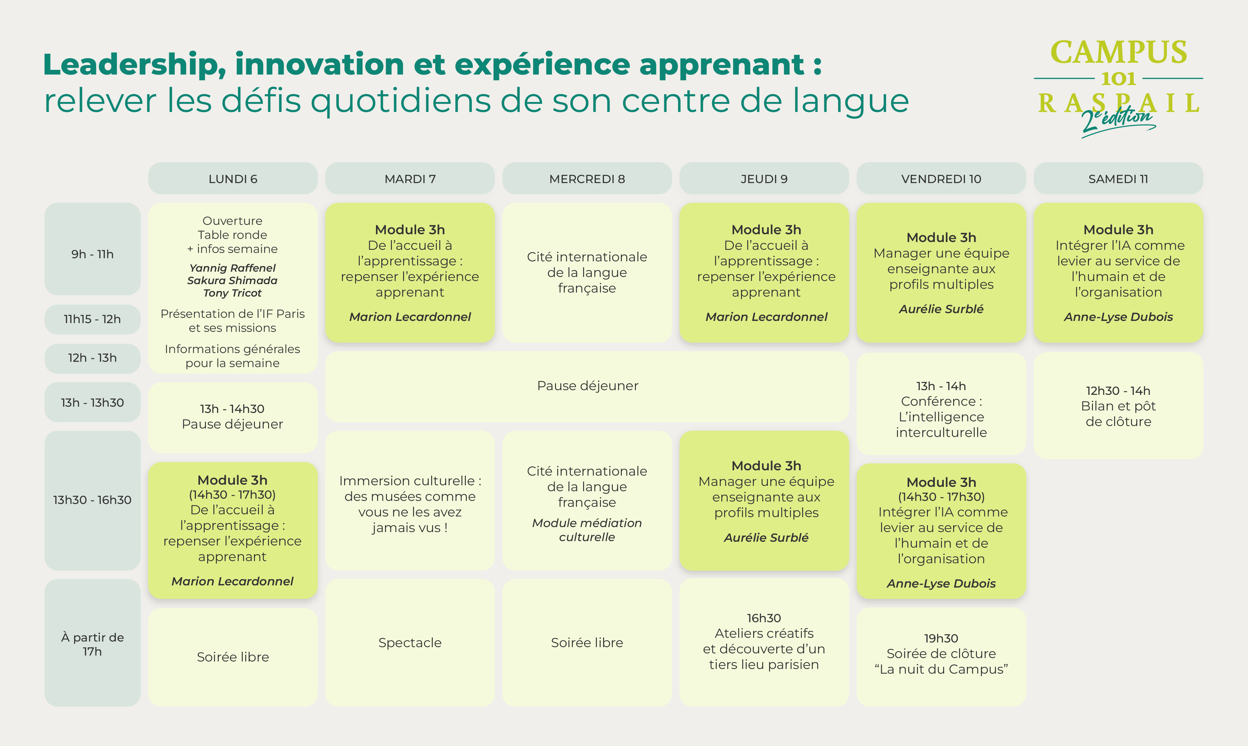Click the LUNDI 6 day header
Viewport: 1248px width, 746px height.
coord(233,178)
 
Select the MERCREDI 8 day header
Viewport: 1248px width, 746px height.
coord(587,178)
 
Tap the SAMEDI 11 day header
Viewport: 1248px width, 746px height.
coord(1118,178)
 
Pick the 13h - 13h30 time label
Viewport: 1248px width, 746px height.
coord(93,402)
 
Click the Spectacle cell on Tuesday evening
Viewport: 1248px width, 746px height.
coord(410,642)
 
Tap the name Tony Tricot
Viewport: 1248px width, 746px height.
coord(232,293)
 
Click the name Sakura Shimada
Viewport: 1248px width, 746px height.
coord(232,280)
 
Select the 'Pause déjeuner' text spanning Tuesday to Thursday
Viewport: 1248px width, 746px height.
coord(587,385)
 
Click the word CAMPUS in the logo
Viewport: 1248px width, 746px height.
coord(1119,52)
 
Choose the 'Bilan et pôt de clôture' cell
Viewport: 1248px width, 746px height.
coord(1118,406)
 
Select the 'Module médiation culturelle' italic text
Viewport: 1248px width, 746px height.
coord(587,530)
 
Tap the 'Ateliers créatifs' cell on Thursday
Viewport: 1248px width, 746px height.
coord(764,642)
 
